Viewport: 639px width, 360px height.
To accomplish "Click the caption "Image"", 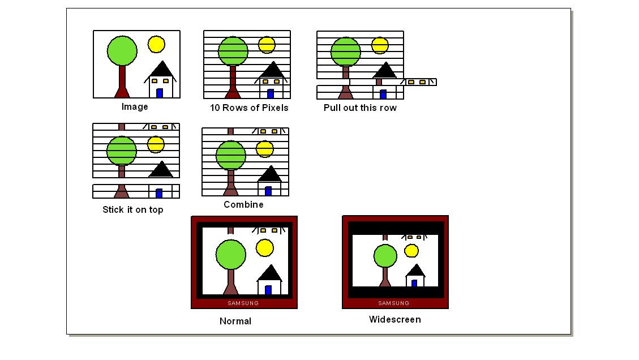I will (135, 107).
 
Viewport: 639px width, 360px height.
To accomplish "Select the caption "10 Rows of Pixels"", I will (249, 108).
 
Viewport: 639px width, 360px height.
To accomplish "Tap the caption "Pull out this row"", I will (360, 108).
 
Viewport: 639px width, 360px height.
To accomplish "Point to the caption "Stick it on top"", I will (132, 210).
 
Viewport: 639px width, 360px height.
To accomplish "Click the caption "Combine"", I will (243, 205).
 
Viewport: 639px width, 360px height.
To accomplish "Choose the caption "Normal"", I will (235, 322).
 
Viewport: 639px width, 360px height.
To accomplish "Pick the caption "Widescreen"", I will (394, 320).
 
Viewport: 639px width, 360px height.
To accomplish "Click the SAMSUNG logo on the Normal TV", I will (243, 303).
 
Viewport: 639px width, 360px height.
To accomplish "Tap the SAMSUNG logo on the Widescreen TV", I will (394, 303).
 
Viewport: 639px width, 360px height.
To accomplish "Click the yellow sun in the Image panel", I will (156, 44).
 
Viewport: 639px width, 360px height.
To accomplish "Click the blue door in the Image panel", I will (160, 93).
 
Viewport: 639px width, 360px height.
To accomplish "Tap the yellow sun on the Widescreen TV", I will (411, 251).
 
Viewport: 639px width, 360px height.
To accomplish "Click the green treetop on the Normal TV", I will (231, 254).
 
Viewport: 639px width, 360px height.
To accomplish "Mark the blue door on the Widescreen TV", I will (414, 283).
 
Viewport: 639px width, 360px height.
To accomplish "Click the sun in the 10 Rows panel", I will (267, 45).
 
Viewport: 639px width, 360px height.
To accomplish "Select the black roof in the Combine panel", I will (270, 174).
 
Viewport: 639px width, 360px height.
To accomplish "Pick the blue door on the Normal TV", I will (268, 290).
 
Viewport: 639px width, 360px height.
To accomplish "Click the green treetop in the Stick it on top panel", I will (121, 151).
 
